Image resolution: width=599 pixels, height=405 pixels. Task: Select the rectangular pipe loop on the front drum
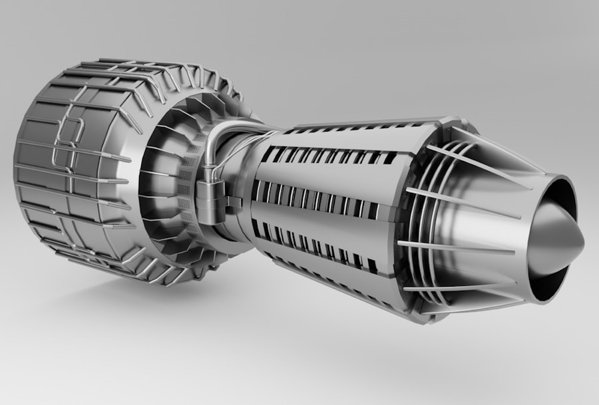tap(67, 144)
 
